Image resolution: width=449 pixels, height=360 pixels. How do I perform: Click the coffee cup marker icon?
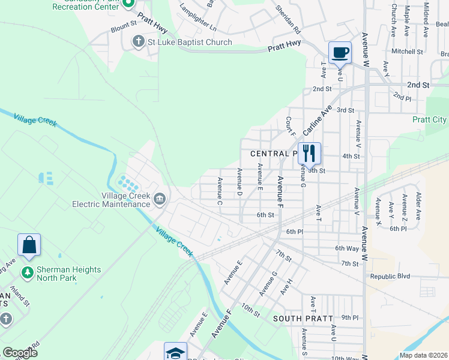tap(340, 52)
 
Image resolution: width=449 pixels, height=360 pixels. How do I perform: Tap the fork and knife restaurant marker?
tap(309, 153)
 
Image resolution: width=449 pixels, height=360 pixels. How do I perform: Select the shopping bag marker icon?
tap(29, 245)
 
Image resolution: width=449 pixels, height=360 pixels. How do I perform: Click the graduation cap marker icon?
tap(176, 352)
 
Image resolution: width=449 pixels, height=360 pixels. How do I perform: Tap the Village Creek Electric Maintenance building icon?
tap(160, 199)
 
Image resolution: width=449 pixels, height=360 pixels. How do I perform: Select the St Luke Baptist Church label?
tap(190, 42)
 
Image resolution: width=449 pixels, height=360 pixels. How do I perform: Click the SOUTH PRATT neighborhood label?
tap(298, 317)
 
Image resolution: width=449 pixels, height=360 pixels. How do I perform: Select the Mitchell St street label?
tap(407, 52)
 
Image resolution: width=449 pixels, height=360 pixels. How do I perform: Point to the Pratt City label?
tap(429, 119)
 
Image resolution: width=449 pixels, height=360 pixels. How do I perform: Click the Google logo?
tap(20, 353)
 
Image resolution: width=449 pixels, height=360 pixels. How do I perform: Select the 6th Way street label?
tap(346, 248)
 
